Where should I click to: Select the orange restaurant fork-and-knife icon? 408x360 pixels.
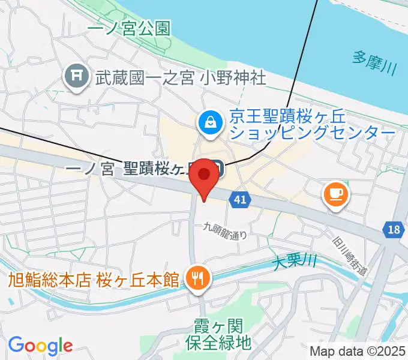[x=196, y=278]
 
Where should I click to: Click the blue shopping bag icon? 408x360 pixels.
[x=211, y=122]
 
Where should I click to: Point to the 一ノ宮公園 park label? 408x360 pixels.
[x=128, y=28]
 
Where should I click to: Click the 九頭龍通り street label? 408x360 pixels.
[x=225, y=230]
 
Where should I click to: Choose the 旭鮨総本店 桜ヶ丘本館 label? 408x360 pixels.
[x=94, y=279]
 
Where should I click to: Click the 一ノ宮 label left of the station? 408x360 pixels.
[x=91, y=170]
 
